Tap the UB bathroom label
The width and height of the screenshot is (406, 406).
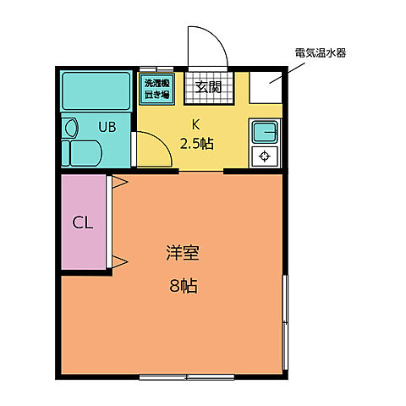107,127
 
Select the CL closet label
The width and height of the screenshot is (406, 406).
82,223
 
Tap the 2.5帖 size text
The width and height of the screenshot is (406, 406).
196,143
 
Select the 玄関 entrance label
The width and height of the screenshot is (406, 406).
208,86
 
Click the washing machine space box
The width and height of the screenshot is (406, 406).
156,89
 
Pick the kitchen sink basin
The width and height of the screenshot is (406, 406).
266,133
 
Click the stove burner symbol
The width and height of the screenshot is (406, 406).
266,156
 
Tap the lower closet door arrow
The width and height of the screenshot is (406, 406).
119,260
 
